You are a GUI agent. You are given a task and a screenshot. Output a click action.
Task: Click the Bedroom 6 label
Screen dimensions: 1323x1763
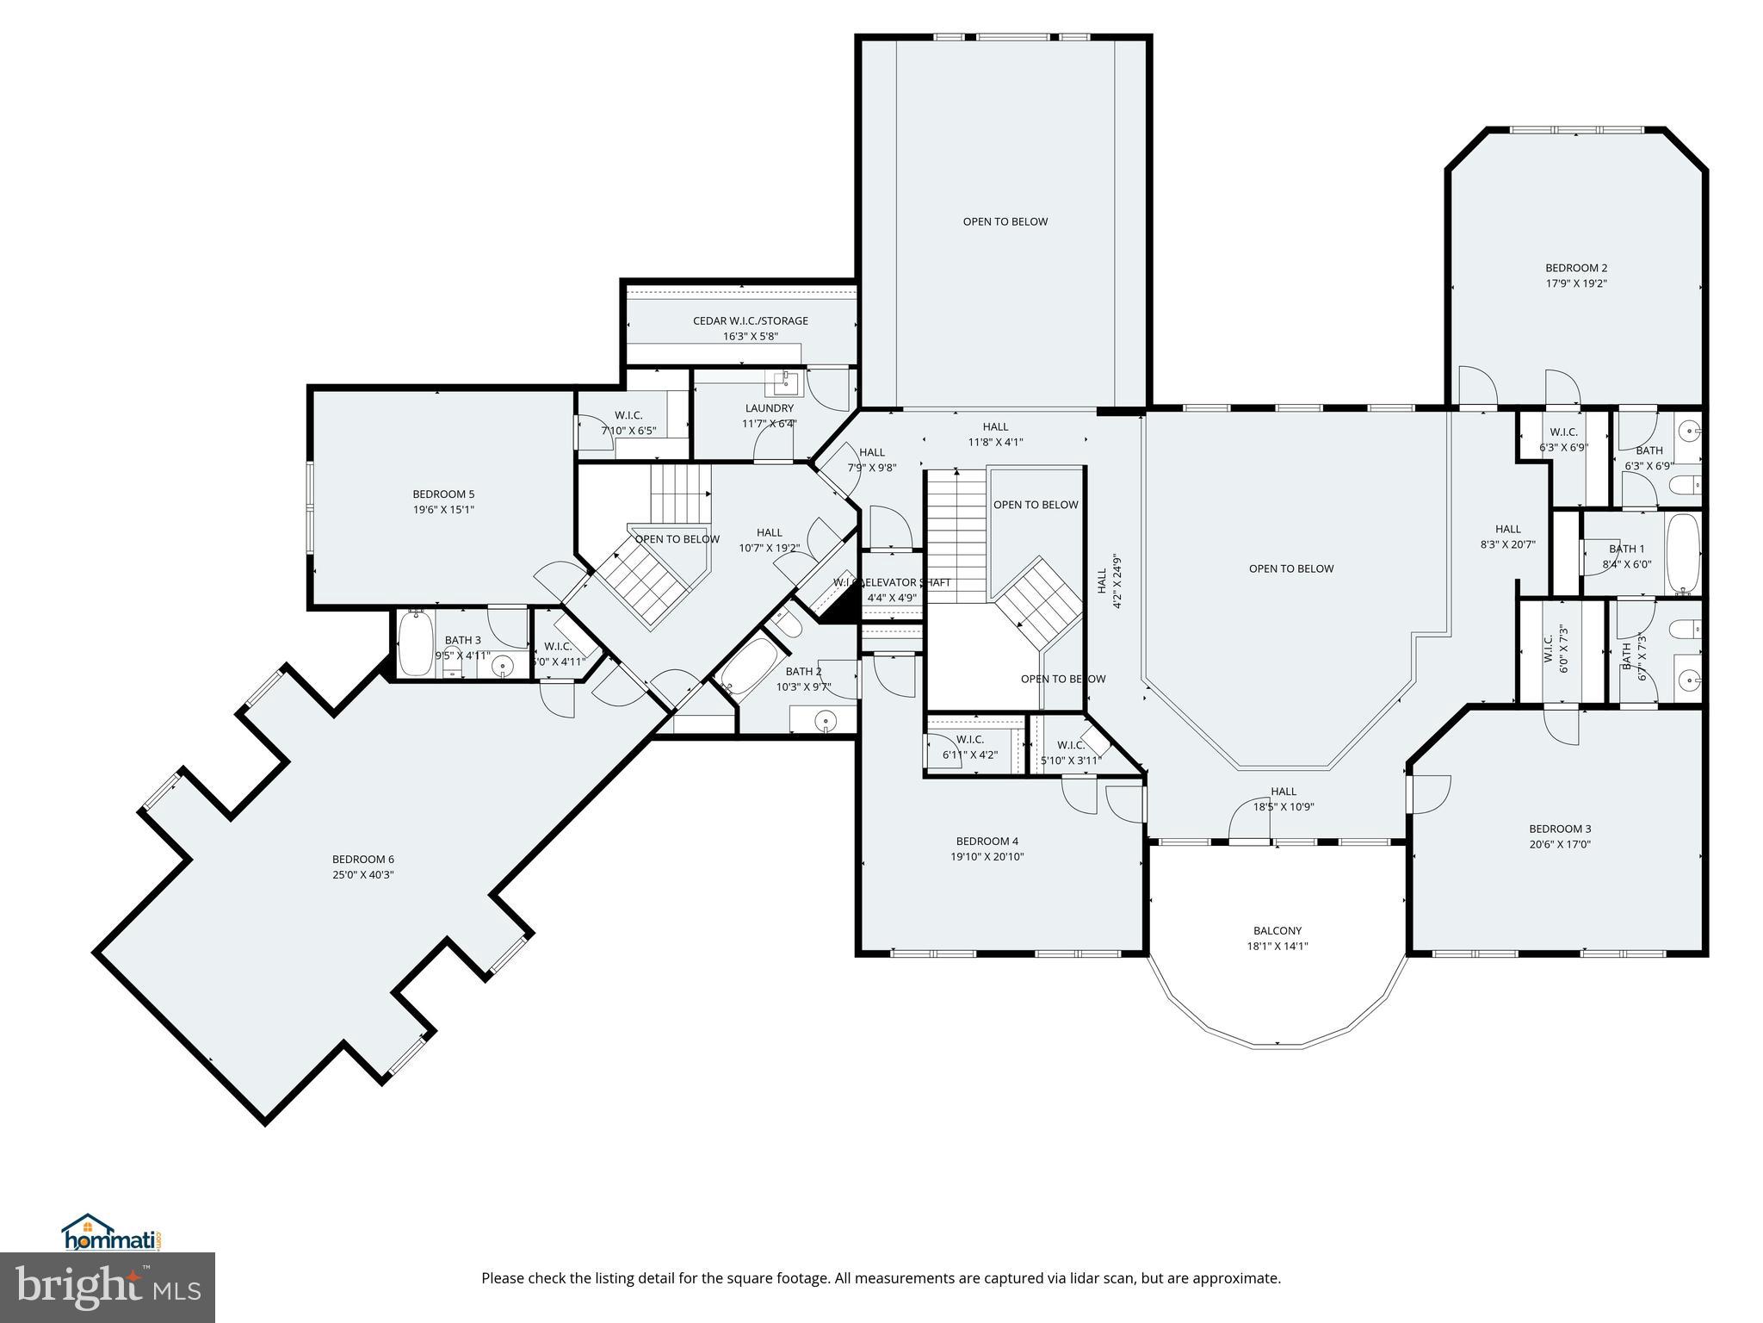click(x=362, y=859)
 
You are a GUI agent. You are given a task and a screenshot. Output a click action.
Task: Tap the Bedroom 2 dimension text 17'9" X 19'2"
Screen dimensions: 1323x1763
click(x=1575, y=283)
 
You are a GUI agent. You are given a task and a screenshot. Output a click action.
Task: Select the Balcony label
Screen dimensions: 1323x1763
click(x=1277, y=930)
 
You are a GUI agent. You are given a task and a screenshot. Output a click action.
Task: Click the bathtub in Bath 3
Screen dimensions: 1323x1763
click(x=415, y=643)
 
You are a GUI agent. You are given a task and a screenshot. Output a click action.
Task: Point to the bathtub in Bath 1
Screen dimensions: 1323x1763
click(x=1683, y=553)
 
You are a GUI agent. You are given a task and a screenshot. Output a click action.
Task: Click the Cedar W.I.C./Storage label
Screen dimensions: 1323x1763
click(x=750, y=320)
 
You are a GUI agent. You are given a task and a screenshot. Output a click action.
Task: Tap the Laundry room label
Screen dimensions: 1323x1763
click(x=769, y=408)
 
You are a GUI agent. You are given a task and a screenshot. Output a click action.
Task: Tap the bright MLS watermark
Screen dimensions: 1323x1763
click(x=108, y=1287)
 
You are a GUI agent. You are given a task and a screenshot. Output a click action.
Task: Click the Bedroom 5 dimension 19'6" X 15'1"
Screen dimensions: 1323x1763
click(x=442, y=509)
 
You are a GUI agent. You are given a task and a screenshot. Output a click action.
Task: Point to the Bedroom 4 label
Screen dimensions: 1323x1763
click(x=987, y=841)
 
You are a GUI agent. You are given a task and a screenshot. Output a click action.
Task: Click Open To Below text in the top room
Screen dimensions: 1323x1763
click(x=1005, y=221)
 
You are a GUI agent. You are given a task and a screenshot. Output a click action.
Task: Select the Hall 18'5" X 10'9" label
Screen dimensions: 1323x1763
click(x=1283, y=792)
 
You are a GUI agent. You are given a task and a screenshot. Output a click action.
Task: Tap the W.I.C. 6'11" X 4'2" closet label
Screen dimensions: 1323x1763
click(x=969, y=739)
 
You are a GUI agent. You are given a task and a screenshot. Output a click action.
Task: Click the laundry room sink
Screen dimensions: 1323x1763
click(x=786, y=381)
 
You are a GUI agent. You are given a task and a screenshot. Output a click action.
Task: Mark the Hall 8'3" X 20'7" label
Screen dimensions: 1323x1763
click(x=1507, y=529)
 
